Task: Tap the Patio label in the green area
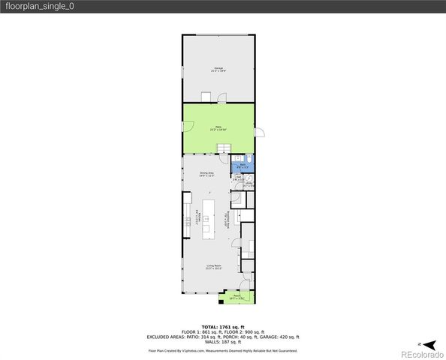[218, 128]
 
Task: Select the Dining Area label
[207, 174]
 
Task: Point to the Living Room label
[214, 267]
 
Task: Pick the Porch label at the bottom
[237, 297]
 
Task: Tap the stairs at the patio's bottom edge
[222, 152]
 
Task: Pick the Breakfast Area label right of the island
[226, 222]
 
